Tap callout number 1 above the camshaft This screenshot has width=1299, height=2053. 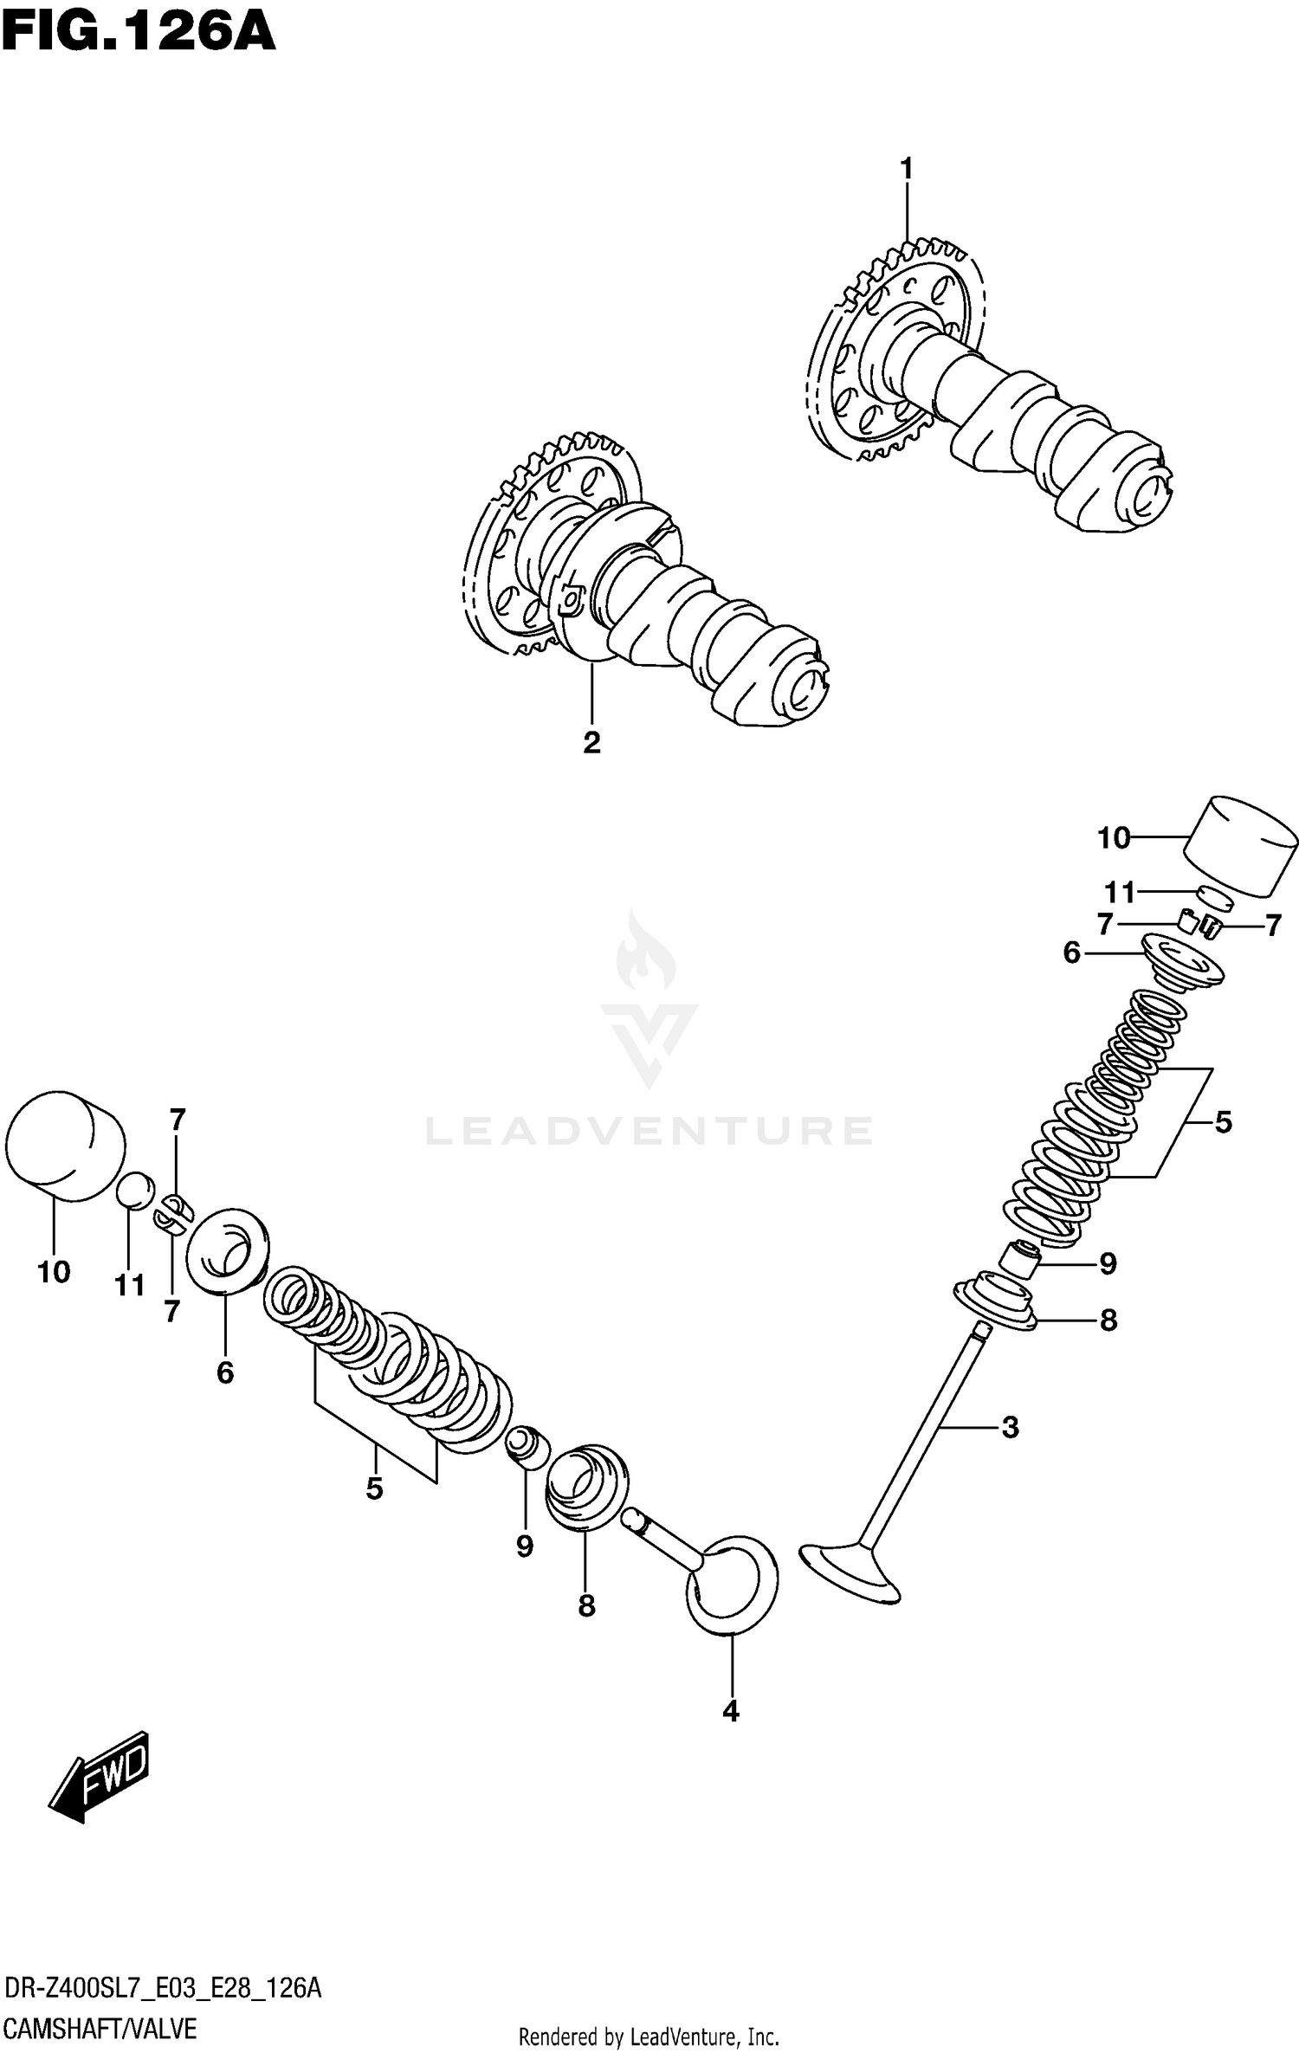(907, 169)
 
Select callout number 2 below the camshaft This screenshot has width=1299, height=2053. (591, 742)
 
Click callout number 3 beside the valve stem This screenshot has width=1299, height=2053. (1010, 1428)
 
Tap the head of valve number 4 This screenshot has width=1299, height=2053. (732, 1584)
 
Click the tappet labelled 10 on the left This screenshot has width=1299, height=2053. (65, 1146)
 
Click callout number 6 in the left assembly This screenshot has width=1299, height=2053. (225, 1372)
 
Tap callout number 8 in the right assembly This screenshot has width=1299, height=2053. (1108, 1321)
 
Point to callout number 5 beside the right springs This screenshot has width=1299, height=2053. (1222, 1122)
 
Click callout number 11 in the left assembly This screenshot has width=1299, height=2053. (130, 1286)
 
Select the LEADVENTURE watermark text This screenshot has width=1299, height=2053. (649, 1131)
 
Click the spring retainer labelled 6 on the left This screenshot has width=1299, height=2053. (227, 1246)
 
